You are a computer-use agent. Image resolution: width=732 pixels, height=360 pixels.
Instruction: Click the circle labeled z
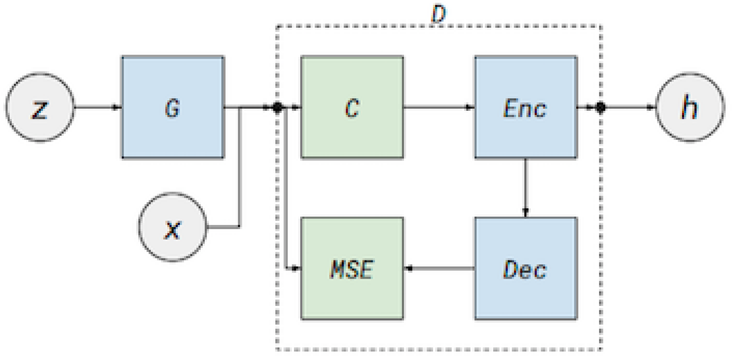click(x=40, y=107)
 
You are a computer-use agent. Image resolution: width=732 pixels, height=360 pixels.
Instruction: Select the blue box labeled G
click(x=173, y=107)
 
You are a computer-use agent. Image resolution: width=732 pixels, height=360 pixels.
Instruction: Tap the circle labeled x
click(x=173, y=227)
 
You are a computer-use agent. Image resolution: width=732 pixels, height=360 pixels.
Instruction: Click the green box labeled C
click(x=352, y=107)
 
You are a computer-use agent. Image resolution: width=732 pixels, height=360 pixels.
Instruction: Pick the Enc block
click(x=525, y=107)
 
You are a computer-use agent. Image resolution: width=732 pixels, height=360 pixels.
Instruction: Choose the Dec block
click(x=525, y=268)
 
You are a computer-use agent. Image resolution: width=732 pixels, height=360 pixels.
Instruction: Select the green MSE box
click(x=352, y=268)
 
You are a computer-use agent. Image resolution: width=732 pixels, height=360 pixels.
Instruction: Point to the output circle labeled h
click(x=689, y=107)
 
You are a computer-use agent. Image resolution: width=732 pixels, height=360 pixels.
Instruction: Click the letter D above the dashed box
click(x=438, y=14)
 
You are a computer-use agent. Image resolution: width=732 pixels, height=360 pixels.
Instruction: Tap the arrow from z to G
click(x=97, y=107)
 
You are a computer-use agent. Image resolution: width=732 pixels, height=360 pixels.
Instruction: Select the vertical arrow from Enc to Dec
click(x=525, y=187)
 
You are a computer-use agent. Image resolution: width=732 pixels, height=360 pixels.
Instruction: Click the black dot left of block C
click(x=277, y=107)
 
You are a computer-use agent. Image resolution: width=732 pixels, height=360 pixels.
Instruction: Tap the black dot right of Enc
click(x=600, y=107)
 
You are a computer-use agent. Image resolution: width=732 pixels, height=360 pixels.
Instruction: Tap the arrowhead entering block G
click(x=116, y=107)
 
